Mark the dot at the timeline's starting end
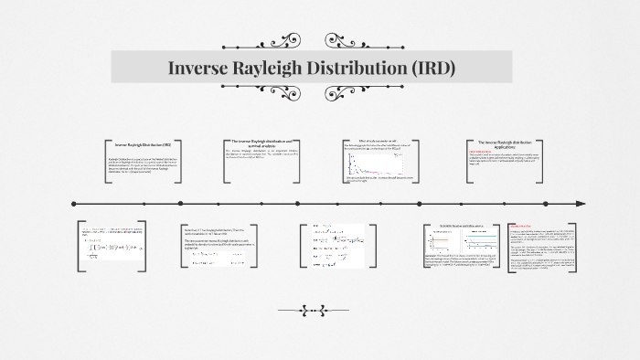pyautogui.click(x=73, y=204)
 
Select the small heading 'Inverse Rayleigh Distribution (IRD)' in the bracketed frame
pyautogui.click(x=143, y=146)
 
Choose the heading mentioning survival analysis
pyautogui.click(x=261, y=143)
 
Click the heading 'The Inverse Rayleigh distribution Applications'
pyautogui.click(x=505, y=144)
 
